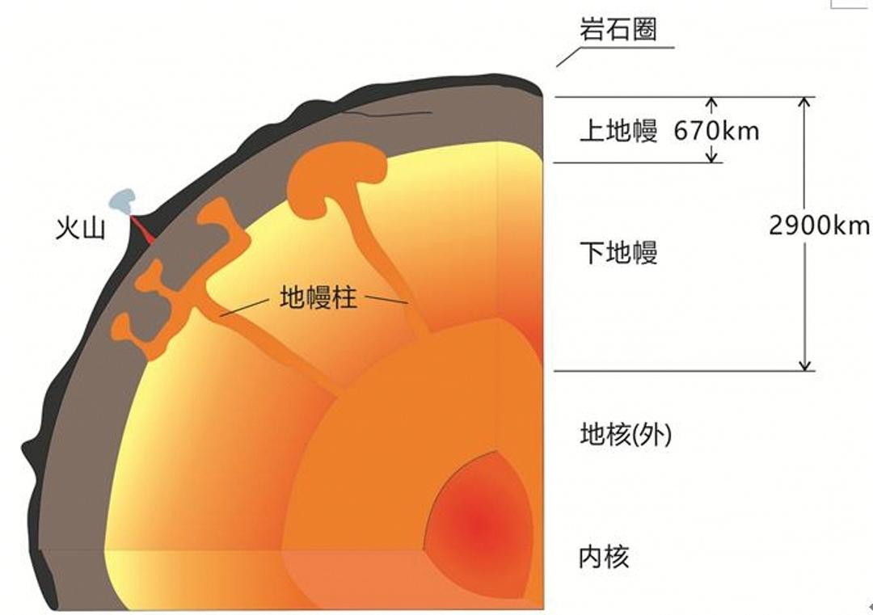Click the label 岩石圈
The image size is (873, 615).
pyautogui.click(x=618, y=29)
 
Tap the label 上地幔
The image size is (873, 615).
pyautogui.click(x=618, y=132)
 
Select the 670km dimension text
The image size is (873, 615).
pyautogui.click(x=716, y=132)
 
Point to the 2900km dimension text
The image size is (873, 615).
pyautogui.click(x=819, y=225)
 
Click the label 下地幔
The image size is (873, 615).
pyautogui.click(x=618, y=252)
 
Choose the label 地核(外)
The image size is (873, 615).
pyautogui.click(x=626, y=435)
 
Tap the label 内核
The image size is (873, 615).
pyautogui.click(x=605, y=557)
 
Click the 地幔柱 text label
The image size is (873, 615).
pyautogui.click(x=318, y=297)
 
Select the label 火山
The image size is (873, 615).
pyautogui.click(x=80, y=228)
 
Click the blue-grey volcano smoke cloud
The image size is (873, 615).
pyautogui.click(x=123, y=201)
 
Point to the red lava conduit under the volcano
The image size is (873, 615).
pyautogui.click(x=142, y=230)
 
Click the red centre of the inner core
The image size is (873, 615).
pyautogui.click(x=479, y=523)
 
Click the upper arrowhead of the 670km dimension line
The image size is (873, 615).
pyautogui.click(x=711, y=102)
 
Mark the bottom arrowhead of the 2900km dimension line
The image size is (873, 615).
pyautogui.click(x=804, y=365)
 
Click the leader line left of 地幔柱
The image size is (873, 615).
pyautogui.click(x=244, y=307)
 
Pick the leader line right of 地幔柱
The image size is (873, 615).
pyautogui.click(x=386, y=300)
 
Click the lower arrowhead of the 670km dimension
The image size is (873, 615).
pyautogui.click(x=711, y=158)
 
